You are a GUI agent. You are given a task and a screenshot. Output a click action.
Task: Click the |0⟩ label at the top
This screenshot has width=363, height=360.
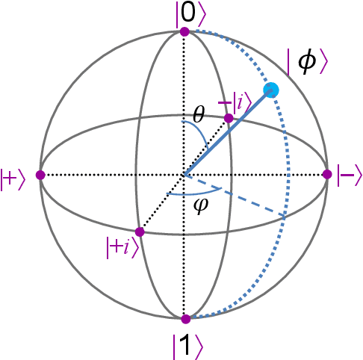[184, 12]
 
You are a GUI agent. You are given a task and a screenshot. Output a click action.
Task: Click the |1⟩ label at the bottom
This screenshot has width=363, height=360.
[184, 345]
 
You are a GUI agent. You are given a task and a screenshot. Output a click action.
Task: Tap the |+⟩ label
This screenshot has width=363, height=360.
[16, 176]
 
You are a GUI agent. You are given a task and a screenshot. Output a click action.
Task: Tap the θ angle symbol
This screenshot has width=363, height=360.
[198, 114]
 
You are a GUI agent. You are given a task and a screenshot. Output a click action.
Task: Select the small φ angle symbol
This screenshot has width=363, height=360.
[199, 205]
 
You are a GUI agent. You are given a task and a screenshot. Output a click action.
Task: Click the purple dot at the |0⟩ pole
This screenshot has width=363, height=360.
[184, 31]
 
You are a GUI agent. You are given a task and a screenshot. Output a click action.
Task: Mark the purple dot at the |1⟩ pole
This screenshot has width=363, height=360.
[184, 319]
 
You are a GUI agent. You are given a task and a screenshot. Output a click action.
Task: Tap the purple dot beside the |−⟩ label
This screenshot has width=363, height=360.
[326, 175]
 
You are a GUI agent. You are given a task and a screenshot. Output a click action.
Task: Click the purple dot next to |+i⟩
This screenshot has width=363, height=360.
[140, 232]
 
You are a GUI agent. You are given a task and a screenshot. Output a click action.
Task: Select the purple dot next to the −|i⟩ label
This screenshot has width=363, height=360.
[229, 118]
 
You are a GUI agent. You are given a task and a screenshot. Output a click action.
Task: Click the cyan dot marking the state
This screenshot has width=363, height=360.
[272, 90]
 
